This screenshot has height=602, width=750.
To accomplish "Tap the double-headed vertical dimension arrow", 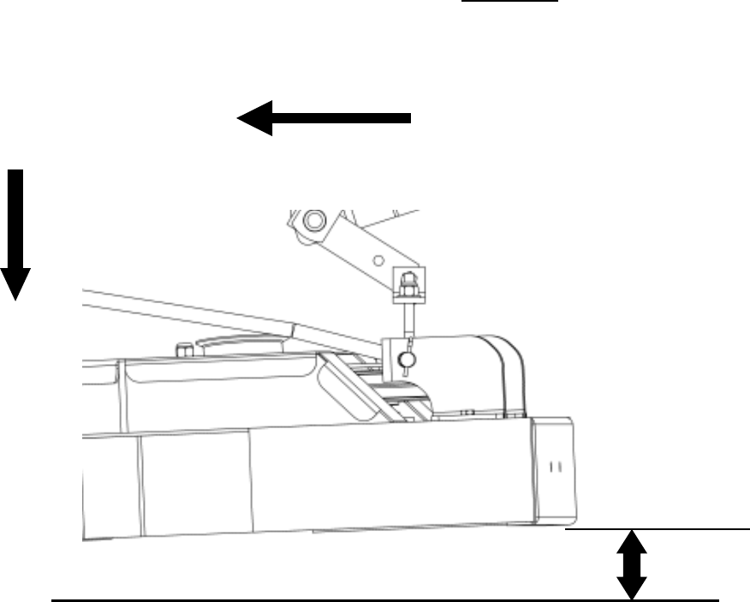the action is click(632, 564).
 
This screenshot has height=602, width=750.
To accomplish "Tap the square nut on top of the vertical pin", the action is click(408, 281).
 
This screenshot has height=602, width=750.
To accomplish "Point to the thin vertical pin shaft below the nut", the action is click(408, 321).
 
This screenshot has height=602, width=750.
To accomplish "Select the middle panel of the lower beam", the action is click(195, 480).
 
